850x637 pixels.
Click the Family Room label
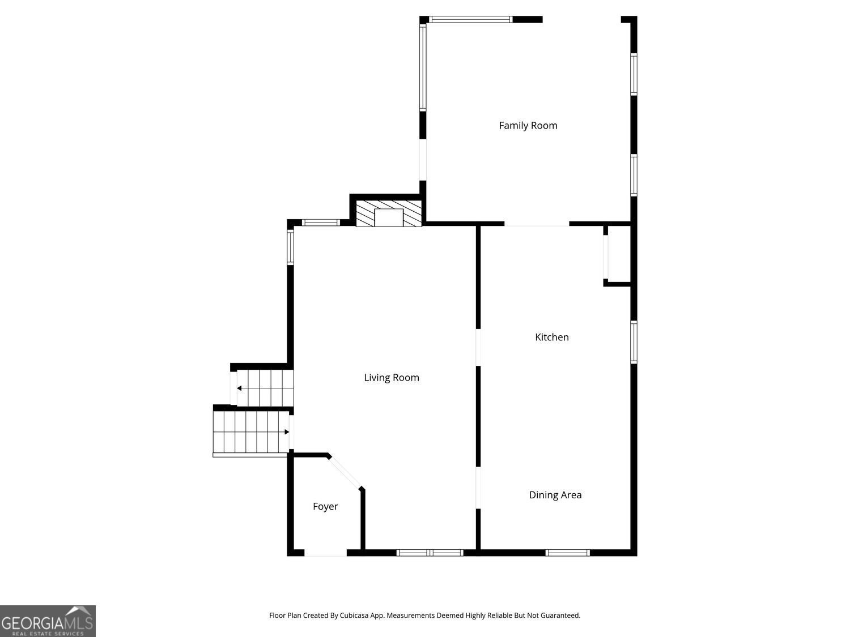(x=528, y=126)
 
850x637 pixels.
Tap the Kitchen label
(x=552, y=337)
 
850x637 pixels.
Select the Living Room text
(x=392, y=378)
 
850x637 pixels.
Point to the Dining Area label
(x=555, y=495)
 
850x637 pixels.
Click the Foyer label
(x=325, y=507)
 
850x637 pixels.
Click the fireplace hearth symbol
(x=389, y=213)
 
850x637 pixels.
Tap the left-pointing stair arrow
(x=240, y=388)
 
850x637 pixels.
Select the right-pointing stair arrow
(x=286, y=432)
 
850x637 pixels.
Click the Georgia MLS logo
(x=48, y=621)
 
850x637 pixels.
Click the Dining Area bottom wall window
(x=568, y=553)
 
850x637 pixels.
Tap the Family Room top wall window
(x=470, y=19)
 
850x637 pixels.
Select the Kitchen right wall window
(x=634, y=342)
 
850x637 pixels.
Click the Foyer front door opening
(x=326, y=553)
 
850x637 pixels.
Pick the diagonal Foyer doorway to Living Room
(x=345, y=472)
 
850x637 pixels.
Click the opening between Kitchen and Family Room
(x=537, y=225)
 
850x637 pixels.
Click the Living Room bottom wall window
(x=430, y=553)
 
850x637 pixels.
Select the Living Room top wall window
(x=321, y=223)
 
